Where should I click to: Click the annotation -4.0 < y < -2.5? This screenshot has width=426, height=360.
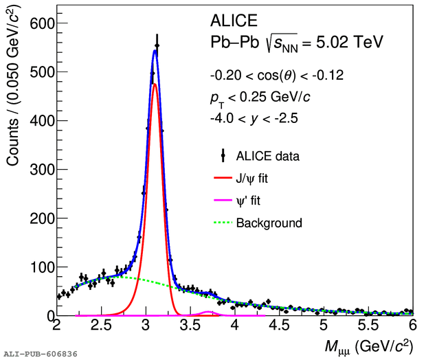click(255, 118)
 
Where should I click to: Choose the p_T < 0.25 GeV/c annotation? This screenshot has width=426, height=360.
click(260, 97)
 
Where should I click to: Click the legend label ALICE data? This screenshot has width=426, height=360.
click(267, 157)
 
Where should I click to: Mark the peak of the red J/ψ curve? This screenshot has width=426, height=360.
click(155, 84)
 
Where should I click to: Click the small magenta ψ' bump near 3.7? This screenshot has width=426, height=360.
click(209, 312)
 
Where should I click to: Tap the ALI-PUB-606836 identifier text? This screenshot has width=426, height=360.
click(40, 354)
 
